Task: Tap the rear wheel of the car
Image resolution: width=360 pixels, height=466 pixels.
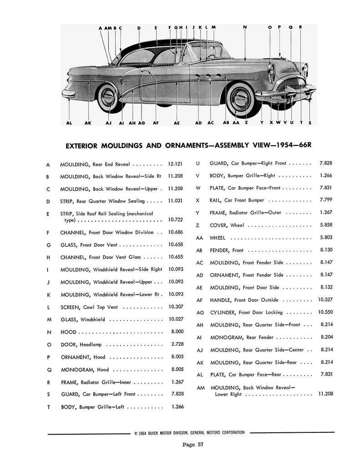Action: point(108,96)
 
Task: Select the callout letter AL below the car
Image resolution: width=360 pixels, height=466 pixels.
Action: point(69,122)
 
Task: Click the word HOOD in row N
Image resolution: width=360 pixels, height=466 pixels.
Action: point(68,332)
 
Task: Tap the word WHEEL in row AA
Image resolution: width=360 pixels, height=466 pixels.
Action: point(218,238)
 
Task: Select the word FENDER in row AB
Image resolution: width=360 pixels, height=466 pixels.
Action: point(220,250)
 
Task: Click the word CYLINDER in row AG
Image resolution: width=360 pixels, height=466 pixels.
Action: point(223,312)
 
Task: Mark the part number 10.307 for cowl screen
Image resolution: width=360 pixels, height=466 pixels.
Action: point(175,307)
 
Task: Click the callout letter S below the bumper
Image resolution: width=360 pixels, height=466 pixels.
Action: point(310,122)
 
